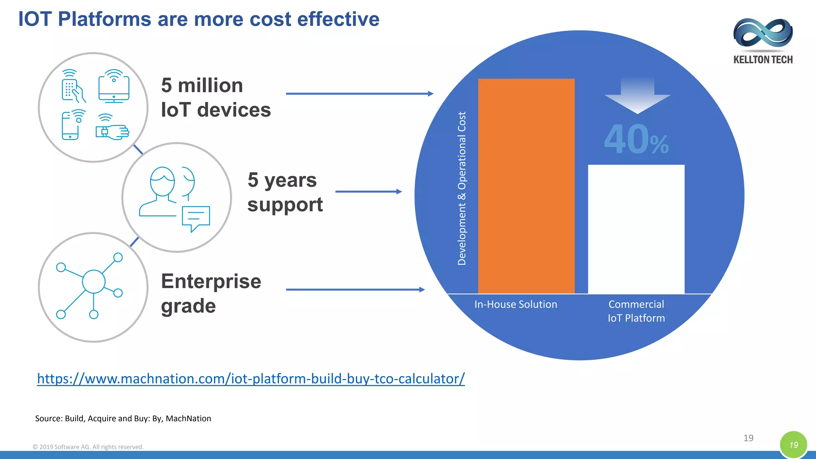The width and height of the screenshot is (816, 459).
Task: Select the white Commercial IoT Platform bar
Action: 636,229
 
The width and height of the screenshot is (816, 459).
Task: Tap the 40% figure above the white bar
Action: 636,139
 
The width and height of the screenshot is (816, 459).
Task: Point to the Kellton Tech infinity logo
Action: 763,33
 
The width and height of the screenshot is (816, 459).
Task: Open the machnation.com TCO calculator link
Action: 251,379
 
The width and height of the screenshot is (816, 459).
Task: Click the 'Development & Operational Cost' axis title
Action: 462,188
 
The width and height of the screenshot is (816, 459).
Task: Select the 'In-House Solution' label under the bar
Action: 516,304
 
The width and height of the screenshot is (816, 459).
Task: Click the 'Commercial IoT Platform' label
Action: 636,311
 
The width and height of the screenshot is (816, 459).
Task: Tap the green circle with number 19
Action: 793,445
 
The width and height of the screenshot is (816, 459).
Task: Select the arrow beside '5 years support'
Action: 369,192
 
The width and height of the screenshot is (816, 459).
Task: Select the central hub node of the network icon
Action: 94,281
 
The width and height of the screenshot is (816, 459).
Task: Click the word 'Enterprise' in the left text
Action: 211,281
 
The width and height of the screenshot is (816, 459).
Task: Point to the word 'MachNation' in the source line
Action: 188,418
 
